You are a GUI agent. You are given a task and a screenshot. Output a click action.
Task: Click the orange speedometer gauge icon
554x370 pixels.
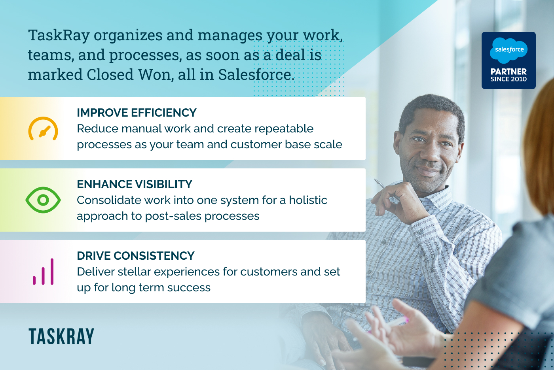click(43, 129)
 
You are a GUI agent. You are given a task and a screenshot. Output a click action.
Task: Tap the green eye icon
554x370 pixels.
click(43, 200)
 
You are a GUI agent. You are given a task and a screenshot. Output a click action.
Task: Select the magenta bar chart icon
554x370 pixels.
click(43, 272)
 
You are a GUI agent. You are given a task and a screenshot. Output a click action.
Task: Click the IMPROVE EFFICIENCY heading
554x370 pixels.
click(137, 113)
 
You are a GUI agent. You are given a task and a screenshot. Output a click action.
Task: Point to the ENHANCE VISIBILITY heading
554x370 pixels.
click(135, 184)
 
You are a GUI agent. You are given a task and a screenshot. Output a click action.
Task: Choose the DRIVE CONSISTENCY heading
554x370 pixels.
click(135, 256)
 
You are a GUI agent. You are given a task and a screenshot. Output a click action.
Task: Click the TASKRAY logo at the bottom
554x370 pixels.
click(61, 337)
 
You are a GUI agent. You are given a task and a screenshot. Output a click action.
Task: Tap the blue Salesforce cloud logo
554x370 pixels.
click(508, 50)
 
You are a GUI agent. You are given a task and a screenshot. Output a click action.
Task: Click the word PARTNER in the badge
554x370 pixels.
click(508, 72)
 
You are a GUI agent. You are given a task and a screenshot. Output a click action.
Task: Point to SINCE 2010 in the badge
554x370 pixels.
click(508, 79)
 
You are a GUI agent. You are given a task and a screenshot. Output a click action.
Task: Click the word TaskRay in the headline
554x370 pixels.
click(59, 35)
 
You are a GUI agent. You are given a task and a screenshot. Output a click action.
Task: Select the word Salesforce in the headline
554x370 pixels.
click(254, 75)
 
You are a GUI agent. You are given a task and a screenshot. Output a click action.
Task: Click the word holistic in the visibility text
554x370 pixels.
click(308, 200)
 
